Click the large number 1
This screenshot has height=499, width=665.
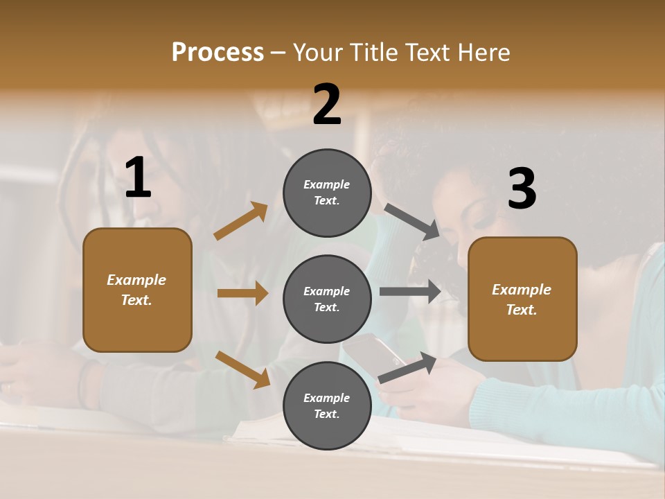click(138, 177)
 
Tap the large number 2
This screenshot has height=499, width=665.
click(327, 105)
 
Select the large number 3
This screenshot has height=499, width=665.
click(522, 189)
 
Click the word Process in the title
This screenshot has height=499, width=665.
click(218, 52)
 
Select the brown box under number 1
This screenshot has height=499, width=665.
click(137, 290)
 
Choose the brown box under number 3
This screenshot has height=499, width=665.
click(522, 299)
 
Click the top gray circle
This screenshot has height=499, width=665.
click(327, 193)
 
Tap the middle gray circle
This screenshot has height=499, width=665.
click(327, 299)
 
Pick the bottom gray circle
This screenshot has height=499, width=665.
click(327, 405)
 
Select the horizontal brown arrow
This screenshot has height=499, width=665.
click(242, 293)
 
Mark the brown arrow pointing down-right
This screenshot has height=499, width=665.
click(243, 369)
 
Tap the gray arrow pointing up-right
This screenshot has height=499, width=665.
click(407, 368)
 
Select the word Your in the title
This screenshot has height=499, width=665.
click(318, 52)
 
